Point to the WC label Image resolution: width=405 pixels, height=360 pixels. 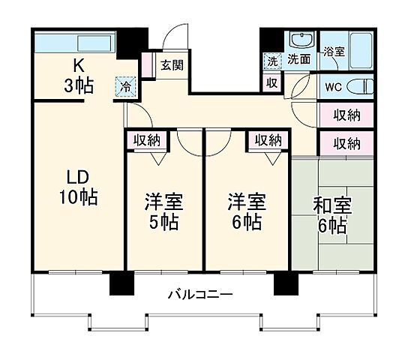(332, 85)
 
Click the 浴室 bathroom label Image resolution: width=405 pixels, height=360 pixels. (333, 52)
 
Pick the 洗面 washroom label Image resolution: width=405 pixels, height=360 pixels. (299, 59)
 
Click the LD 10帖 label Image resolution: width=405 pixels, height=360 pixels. (79, 187)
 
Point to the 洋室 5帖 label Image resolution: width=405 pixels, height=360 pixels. (163, 211)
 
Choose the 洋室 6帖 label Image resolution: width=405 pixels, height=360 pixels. (247, 211)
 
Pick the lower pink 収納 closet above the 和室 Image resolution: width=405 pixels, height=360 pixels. (346, 142)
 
